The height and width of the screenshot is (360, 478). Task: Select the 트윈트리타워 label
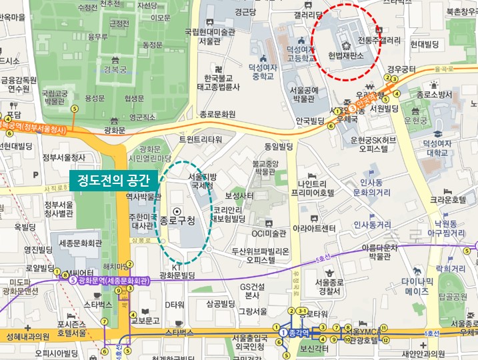[x=200, y=139]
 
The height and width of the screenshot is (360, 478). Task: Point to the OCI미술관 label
[x=268, y=233]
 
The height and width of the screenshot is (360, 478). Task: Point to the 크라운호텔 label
[x=447, y=199]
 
